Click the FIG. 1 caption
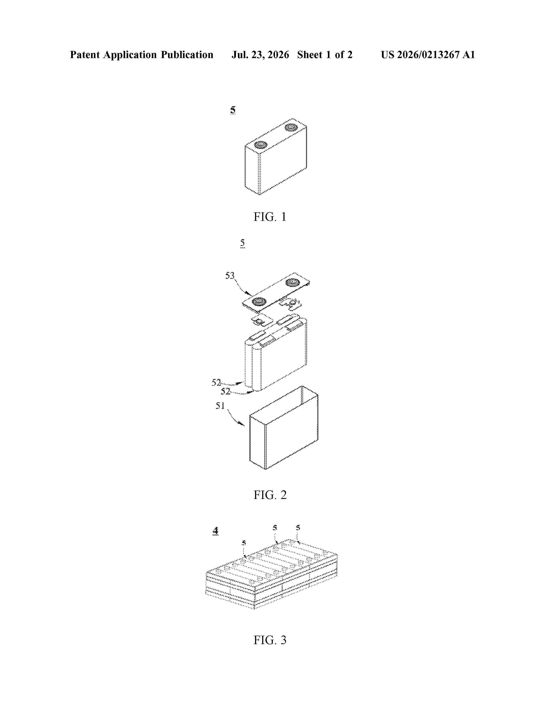coord(270,217)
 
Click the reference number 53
coord(230,276)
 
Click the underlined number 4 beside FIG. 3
coord(215,531)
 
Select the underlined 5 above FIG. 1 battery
coord(233,110)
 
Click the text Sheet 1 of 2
coord(325,55)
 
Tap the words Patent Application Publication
coord(142,55)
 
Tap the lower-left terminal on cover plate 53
coord(259,301)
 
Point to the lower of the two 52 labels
coord(225,391)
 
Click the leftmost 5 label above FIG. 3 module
coord(244,543)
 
